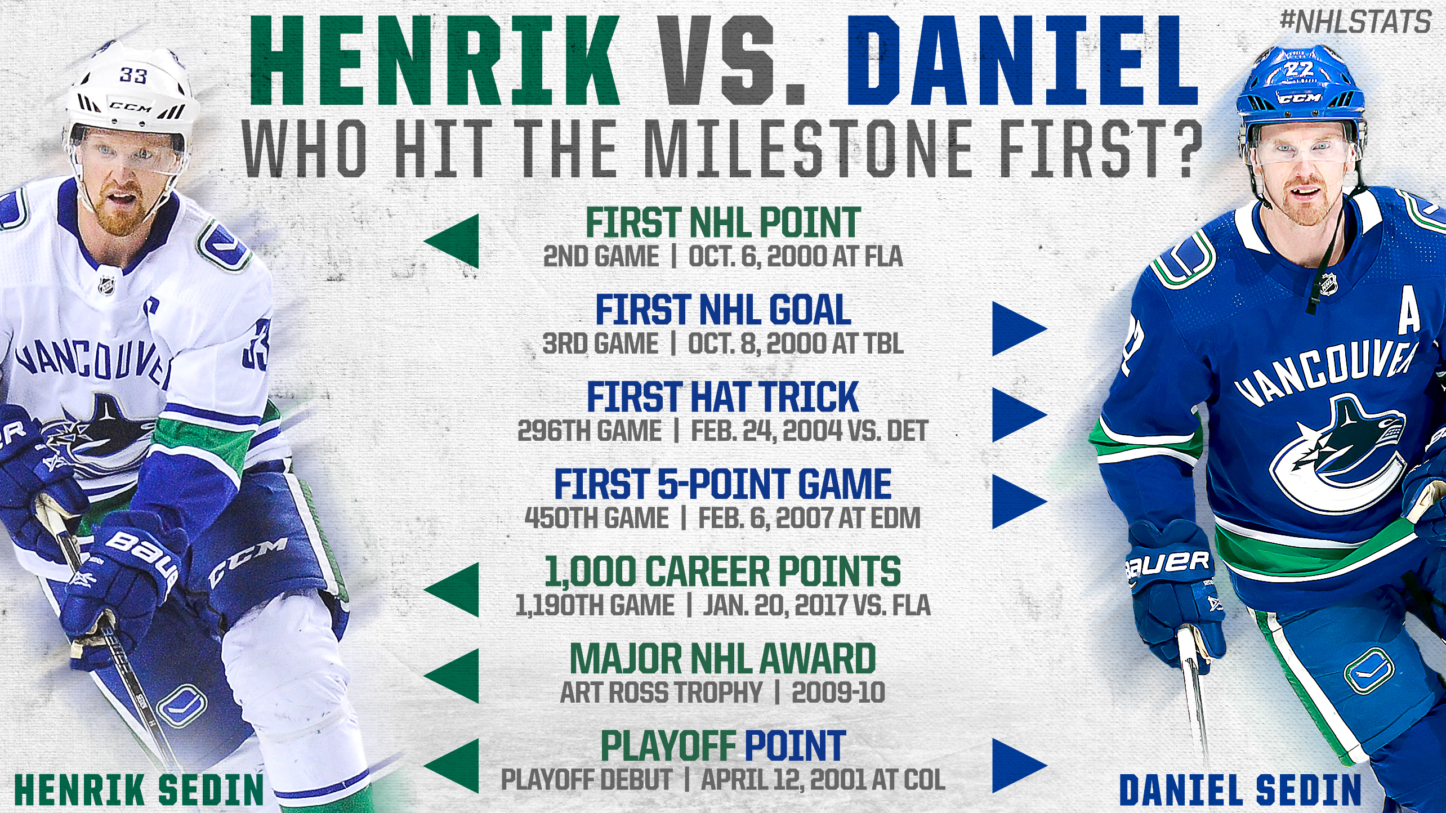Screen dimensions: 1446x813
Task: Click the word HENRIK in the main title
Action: point(434,61)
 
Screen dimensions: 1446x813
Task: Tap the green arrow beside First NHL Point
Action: point(451,241)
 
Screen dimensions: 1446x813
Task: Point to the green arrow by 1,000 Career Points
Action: point(451,590)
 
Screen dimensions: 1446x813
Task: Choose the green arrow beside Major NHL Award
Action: point(451,676)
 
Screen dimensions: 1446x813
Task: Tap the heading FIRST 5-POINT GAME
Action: point(723,484)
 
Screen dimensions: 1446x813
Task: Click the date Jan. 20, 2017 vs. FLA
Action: point(816,606)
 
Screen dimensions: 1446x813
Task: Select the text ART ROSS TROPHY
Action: point(661,693)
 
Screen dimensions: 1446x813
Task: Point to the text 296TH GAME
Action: point(590,431)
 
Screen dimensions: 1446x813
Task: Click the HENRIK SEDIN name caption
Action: point(139,790)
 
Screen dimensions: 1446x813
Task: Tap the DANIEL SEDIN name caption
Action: point(1240,790)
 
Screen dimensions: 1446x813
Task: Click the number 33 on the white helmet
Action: point(133,75)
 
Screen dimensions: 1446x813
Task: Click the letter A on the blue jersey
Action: point(1409,313)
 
